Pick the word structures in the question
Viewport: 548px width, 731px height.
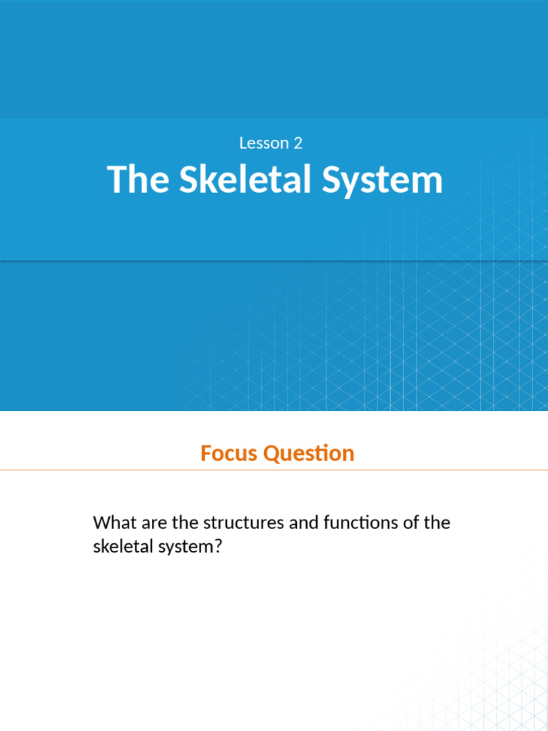coord(243,523)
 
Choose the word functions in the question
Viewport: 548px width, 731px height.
coord(360,523)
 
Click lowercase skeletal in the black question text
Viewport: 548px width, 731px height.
coord(121,548)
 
